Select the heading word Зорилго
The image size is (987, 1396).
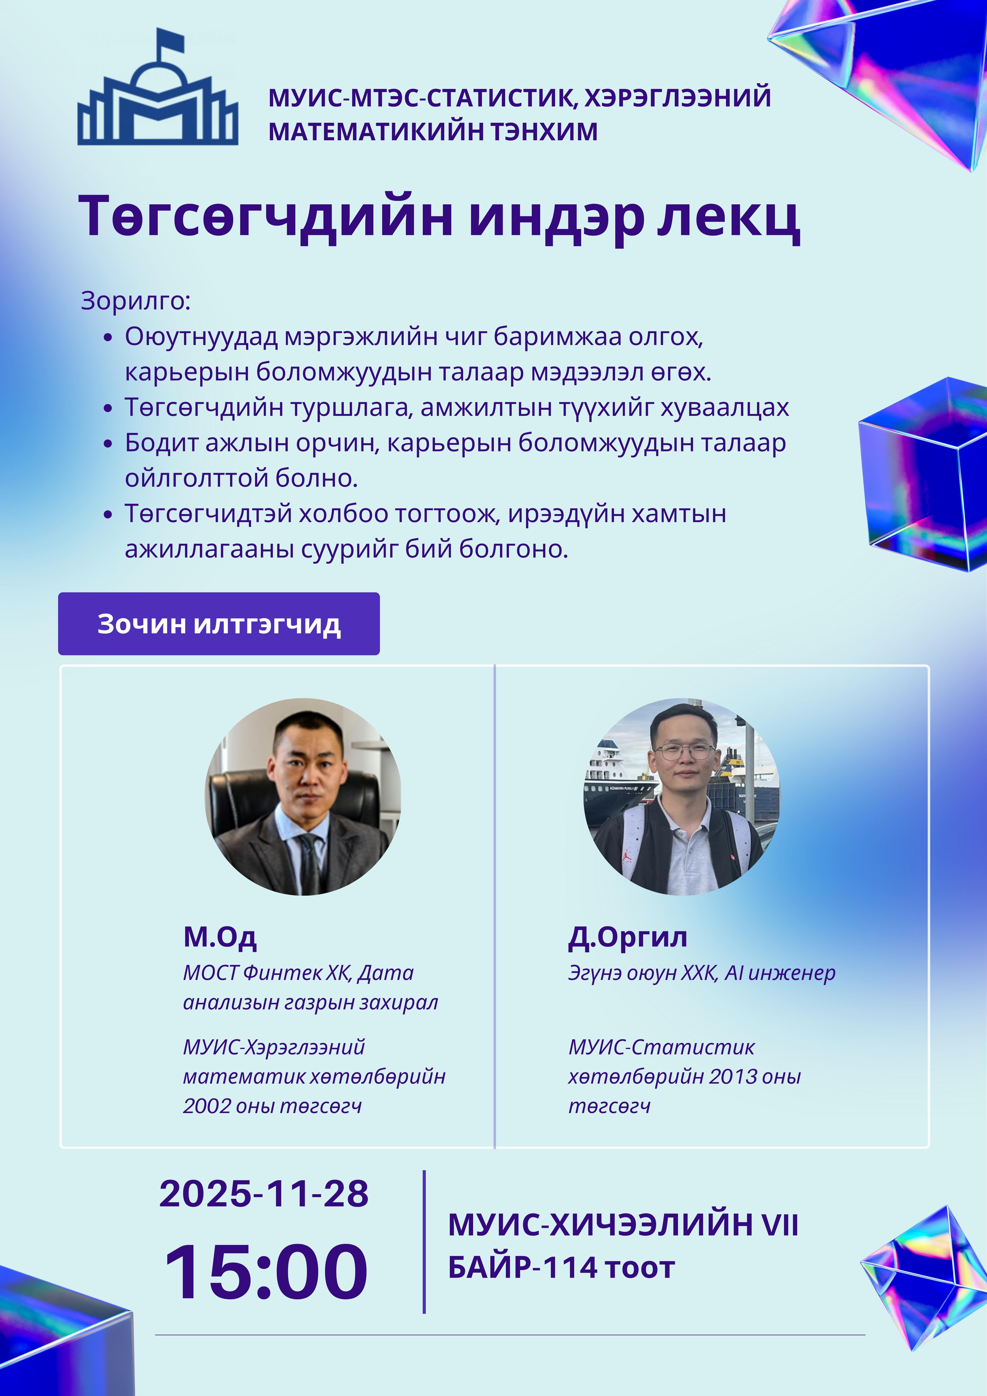coord(135,300)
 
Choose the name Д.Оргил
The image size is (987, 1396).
coord(627,937)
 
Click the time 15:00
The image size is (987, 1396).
coord(266,1272)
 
